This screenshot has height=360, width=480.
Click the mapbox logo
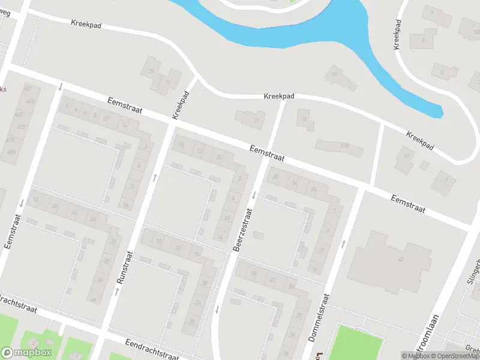click(x=26, y=353)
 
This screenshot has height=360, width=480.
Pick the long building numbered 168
click(x=340, y=147)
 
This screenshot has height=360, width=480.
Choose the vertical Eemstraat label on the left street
click(x=14, y=233)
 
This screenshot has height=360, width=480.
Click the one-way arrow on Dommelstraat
click(x=344, y=244)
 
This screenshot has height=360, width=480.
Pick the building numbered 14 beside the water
click(x=333, y=76)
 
